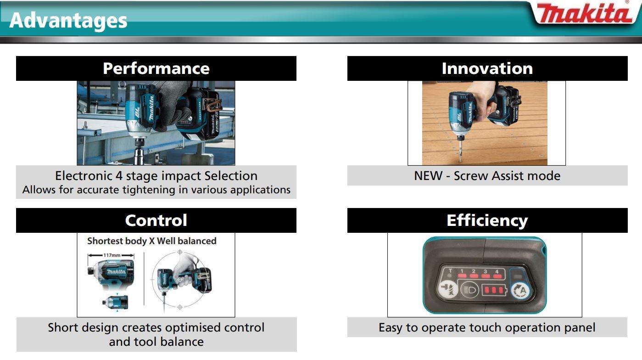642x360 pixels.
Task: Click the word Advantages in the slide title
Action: [68, 21]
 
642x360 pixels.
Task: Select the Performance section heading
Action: [156, 68]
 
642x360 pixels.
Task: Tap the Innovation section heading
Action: [487, 68]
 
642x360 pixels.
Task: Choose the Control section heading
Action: [156, 220]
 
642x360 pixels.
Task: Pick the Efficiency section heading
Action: [487, 220]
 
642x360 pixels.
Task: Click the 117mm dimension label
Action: [112, 255]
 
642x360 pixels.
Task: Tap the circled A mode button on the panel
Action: [521, 291]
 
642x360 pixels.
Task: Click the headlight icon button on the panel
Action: [469, 290]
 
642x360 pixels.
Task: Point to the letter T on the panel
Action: [450, 270]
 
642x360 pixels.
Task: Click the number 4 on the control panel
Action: [497, 271]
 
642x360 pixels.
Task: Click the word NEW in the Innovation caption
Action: [428, 175]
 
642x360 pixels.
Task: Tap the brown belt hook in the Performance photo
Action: [212, 105]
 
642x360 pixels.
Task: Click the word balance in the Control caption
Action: [182, 342]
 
